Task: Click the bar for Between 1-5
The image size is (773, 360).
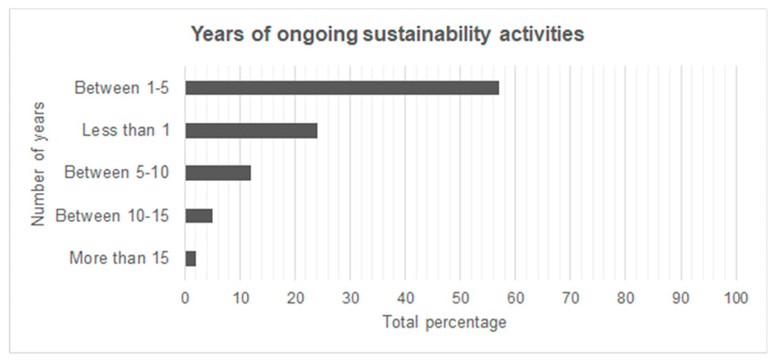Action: point(342,88)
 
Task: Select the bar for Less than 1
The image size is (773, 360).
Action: point(251,131)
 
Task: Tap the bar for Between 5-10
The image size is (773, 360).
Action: point(218,173)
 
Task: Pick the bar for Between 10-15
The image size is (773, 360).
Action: point(199,216)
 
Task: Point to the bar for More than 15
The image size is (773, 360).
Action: point(190,259)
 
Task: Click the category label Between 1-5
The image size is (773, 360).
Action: point(121,88)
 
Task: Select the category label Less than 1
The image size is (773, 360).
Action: point(126,130)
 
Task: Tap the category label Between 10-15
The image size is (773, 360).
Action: point(112,216)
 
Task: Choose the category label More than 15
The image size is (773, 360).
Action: point(119,258)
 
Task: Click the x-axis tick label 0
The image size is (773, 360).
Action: point(185,298)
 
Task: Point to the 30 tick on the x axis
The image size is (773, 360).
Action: point(350,298)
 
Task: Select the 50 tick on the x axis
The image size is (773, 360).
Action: point(461,298)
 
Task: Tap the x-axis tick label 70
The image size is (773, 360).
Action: point(571,298)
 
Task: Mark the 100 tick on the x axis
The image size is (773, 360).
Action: point(736,298)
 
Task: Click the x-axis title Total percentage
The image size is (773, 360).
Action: point(444,323)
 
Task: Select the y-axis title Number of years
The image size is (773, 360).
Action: point(38,164)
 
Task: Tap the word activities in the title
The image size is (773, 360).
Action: point(541,34)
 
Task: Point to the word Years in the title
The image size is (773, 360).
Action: point(218,34)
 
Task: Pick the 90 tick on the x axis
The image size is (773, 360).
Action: point(681,298)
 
